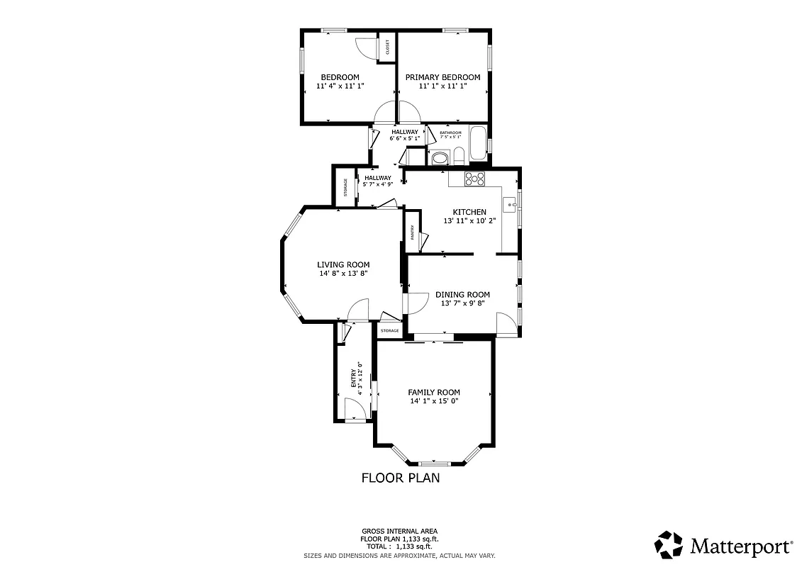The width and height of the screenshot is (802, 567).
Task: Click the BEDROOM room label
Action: pos(340,77)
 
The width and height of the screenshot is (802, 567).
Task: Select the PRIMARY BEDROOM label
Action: pos(442,77)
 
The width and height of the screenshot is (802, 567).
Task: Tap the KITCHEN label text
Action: pos(469,212)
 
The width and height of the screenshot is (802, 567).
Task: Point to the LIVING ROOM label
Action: pos(343,264)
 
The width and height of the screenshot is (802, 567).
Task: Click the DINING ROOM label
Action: pos(462,295)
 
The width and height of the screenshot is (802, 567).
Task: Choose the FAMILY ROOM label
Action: pos(434,392)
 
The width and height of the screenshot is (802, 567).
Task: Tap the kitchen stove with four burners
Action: pos(474,179)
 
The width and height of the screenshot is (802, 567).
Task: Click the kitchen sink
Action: pos(509,205)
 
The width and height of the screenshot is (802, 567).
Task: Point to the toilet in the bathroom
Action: pos(459,155)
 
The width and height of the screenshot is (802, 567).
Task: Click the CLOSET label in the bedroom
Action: pos(387,47)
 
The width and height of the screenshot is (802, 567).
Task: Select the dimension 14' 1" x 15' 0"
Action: pos(434,401)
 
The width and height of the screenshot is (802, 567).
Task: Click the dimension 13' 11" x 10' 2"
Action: pos(469,221)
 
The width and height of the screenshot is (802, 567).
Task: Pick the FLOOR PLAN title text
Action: pos(401,478)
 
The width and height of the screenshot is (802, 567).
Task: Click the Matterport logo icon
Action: pos(668,545)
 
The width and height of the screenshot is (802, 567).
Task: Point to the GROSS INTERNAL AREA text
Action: pos(399,531)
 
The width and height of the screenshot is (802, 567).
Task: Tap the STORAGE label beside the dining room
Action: pos(389,331)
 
